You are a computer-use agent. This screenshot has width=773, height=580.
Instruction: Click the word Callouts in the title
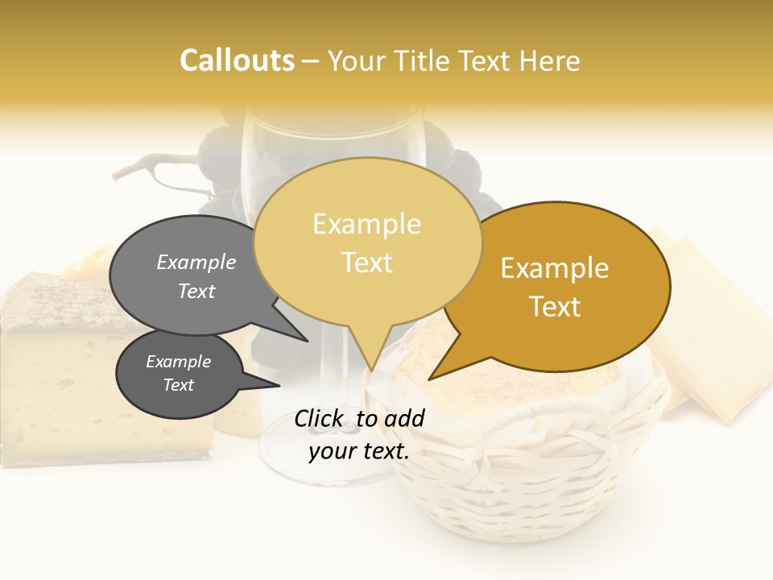(x=237, y=60)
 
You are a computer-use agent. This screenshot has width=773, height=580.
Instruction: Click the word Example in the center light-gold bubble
(x=366, y=224)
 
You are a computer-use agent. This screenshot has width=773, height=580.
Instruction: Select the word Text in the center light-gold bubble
(x=366, y=263)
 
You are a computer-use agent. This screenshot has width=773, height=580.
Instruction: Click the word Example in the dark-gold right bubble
(x=555, y=268)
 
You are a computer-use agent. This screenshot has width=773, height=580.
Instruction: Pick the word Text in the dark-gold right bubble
(x=555, y=307)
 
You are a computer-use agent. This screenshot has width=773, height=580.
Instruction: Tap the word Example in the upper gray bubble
(x=196, y=262)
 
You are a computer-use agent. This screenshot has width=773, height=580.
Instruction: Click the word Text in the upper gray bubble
(x=196, y=291)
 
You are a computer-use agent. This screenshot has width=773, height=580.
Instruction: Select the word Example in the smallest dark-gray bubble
(x=179, y=362)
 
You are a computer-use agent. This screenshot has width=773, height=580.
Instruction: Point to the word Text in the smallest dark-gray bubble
(x=179, y=385)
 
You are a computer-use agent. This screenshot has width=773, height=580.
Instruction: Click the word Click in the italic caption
(x=320, y=418)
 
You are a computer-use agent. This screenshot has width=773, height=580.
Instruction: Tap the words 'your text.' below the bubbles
(x=359, y=451)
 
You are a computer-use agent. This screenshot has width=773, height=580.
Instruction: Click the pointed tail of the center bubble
(x=371, y=367)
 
